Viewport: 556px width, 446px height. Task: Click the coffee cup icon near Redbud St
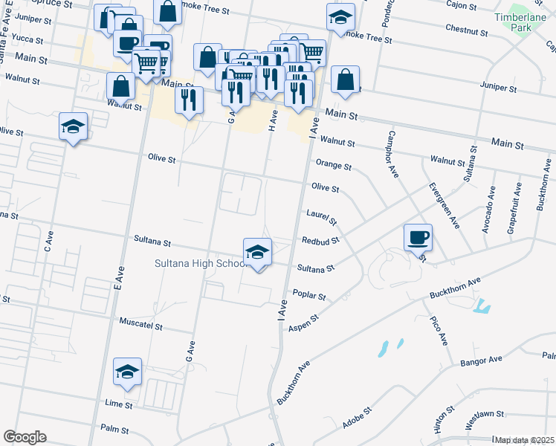[418, 237]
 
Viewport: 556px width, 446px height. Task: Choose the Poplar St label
[309, 296]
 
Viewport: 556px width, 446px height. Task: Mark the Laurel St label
[322, 217]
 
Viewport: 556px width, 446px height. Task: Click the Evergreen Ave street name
[444, 205]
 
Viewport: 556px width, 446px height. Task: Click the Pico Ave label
[439, 330]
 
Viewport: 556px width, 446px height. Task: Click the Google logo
[25, 437]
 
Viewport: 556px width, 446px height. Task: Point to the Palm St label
[114, 430]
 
